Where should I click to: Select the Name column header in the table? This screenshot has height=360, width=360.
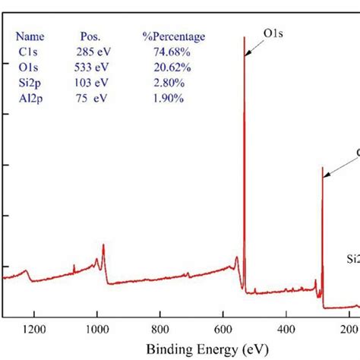[x=30, y=36]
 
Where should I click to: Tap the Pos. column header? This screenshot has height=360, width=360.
[x=90, y=36]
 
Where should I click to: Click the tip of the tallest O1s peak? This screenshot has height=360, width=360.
[x=245, y=37]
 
